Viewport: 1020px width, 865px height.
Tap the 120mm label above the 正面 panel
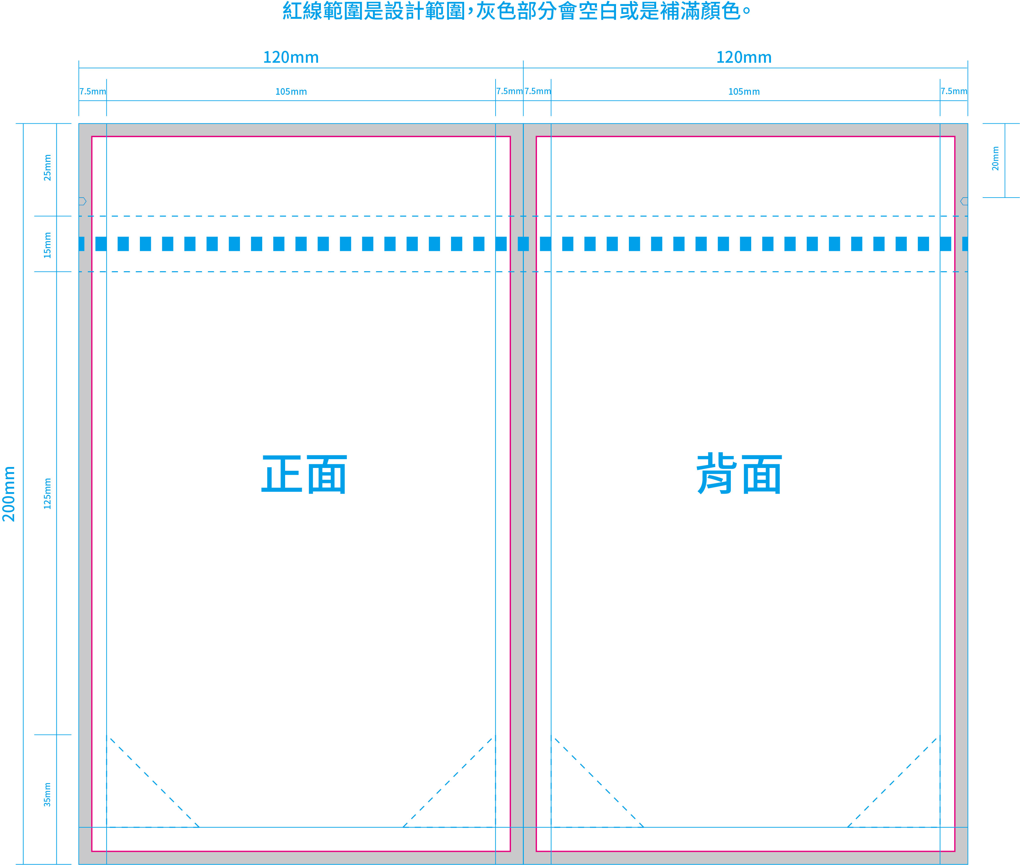pyautogui.click(x=291, y=57)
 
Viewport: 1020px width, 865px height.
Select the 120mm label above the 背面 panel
pyautogui.click(x=744, y=57)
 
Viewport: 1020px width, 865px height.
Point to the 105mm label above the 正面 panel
pyautogui.click(x=291, y=92)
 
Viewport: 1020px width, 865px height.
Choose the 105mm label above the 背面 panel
pyautogui.click(x=744, y=92)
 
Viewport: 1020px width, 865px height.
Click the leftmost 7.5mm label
pyautogui.click(x=93, y=92)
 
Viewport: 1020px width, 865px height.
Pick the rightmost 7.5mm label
pyautogui.click(x=954, y=91)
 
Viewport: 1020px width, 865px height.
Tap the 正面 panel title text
pyautogui.click(x=304, y=474)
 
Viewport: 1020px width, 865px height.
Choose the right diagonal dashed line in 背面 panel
pyautogui.click(x=894, y=782)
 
